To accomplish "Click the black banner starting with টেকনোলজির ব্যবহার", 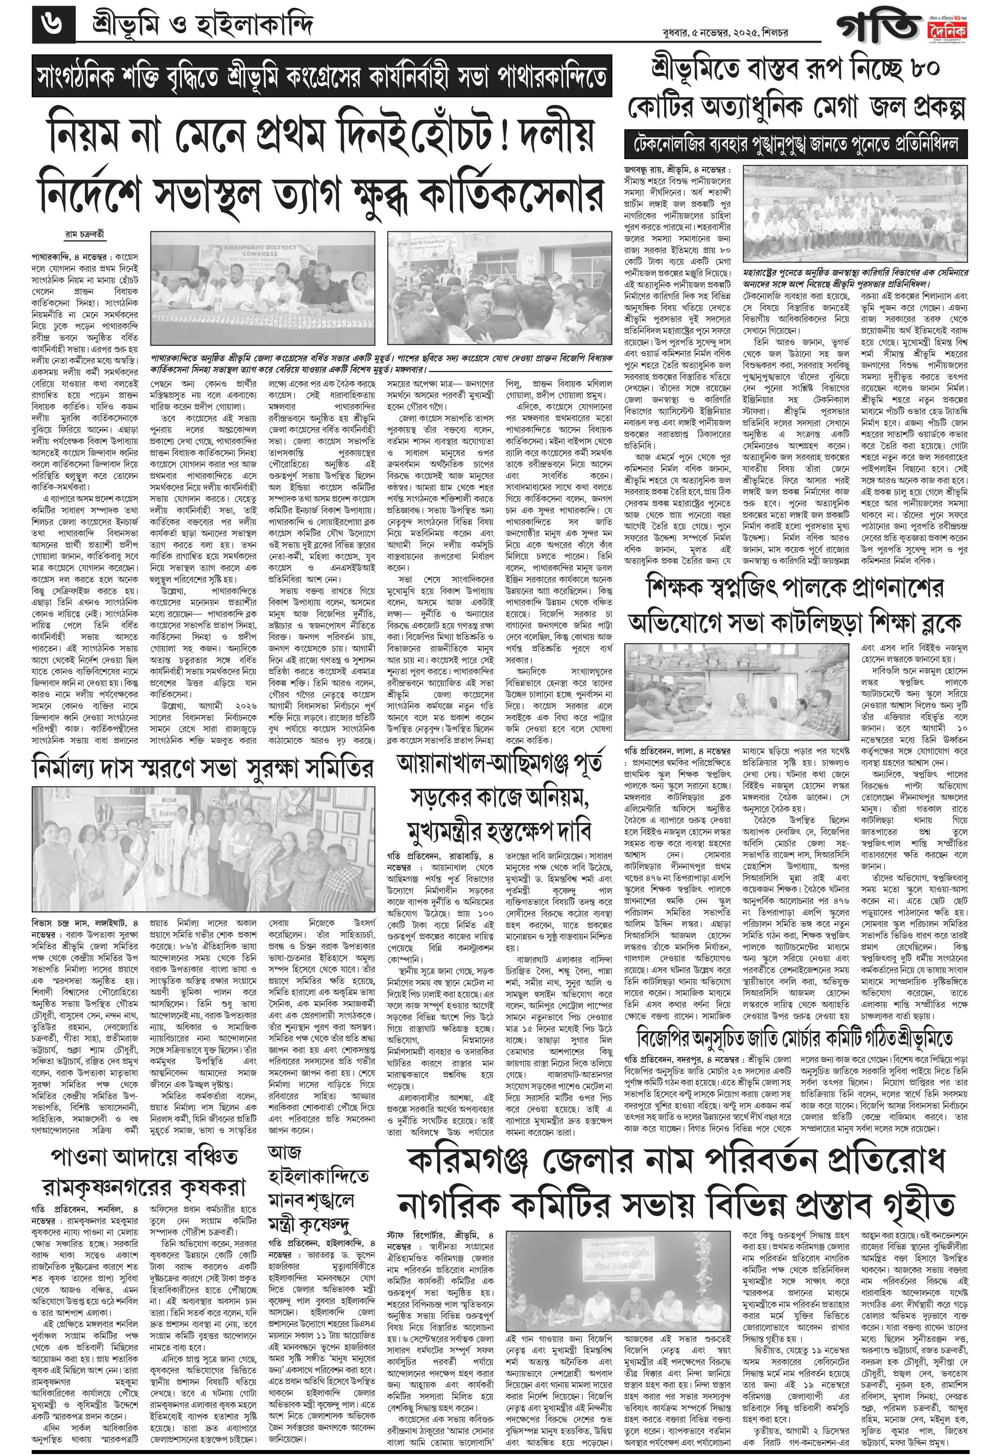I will pyautogui.click(x=796, y=145).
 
